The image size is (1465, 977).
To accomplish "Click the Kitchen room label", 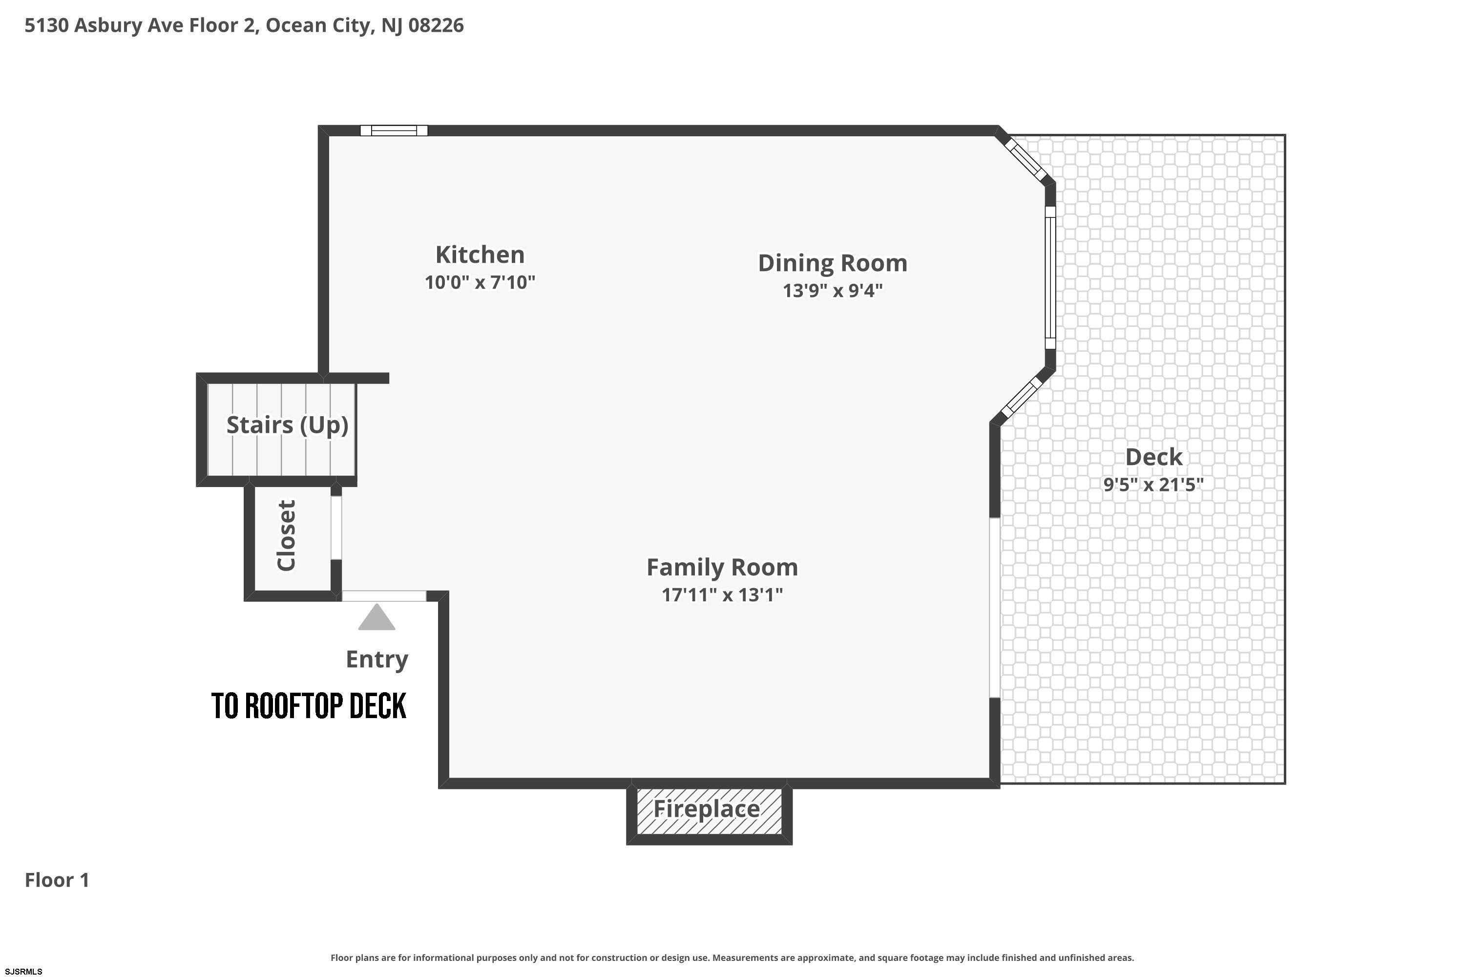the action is (480, 255).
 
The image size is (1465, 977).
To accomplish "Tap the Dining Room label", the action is (832, 263).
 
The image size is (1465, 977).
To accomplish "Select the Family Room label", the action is (722, 568).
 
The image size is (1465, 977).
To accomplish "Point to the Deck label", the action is (1153, 457).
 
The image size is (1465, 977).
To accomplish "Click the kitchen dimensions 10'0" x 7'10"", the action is (480, 283).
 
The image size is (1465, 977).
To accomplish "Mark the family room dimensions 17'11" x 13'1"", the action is (722, 595).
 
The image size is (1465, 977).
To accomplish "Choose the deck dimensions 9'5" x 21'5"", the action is (1153, 485).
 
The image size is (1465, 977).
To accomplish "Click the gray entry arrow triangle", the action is (377, 617).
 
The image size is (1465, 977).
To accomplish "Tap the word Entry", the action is (377, 659).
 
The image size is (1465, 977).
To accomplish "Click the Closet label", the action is (286, 535).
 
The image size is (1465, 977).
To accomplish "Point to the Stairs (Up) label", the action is (287, 425).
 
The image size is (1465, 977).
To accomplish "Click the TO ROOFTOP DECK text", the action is (309, 706).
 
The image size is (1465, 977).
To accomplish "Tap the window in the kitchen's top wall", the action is (394, 130).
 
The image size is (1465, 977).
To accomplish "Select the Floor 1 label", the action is (57, 880).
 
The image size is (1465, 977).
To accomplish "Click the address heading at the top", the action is (244, 25).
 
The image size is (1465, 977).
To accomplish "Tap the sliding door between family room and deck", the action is (995, 608).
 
